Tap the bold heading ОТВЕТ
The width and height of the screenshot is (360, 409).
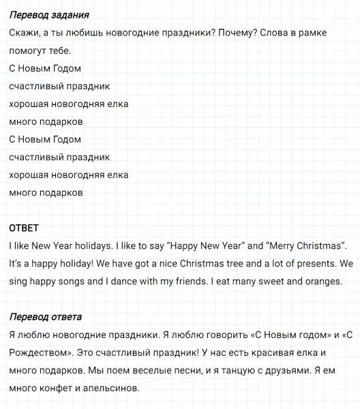[x=24, y=228]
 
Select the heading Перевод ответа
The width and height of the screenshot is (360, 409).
[x=46, y=317]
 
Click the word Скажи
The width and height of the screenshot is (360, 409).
[x=25, y=33]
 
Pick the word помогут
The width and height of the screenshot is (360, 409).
[x=28, y=50]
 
